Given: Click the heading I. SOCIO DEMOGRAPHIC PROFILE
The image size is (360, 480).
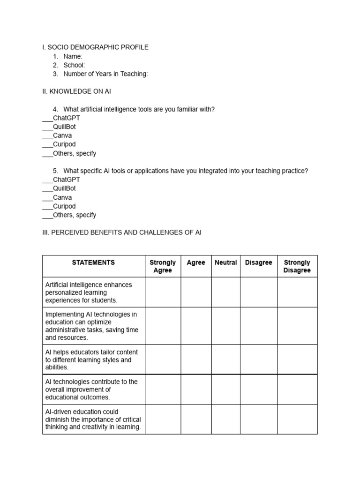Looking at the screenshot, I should pos(95,47).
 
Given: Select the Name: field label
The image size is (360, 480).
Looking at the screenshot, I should pos(73,56).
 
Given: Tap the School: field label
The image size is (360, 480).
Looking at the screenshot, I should pos(74,65).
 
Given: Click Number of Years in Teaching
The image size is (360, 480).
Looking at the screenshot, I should pos(105,74).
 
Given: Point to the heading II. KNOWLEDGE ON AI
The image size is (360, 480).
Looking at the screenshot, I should pos(76,91).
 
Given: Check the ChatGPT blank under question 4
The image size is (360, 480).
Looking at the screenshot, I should pos(47,118).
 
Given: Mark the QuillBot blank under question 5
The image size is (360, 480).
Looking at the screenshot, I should pos(47,188).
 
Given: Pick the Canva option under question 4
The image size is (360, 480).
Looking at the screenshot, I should pos(62,135).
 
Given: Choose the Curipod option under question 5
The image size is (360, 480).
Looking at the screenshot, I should pos(64,206).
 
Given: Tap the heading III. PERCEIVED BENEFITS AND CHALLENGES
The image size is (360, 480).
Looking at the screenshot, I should pos(122,232).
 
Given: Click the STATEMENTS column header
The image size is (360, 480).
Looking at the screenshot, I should pos(93,263).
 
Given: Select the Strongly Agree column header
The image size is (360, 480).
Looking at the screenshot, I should pos(163,266).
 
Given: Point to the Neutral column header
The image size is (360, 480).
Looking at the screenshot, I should pos(225,263).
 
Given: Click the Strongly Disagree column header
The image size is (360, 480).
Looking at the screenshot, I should pos(297,266).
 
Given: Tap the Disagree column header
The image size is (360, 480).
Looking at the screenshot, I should pos(258,263).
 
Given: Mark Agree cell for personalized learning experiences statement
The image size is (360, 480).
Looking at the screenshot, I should pos(196,292).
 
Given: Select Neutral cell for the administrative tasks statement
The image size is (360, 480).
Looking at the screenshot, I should pos(225,326).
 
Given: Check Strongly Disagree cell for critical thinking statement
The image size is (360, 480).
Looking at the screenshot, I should pos(297,420).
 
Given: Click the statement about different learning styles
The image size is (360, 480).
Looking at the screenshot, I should pos(91,360).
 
